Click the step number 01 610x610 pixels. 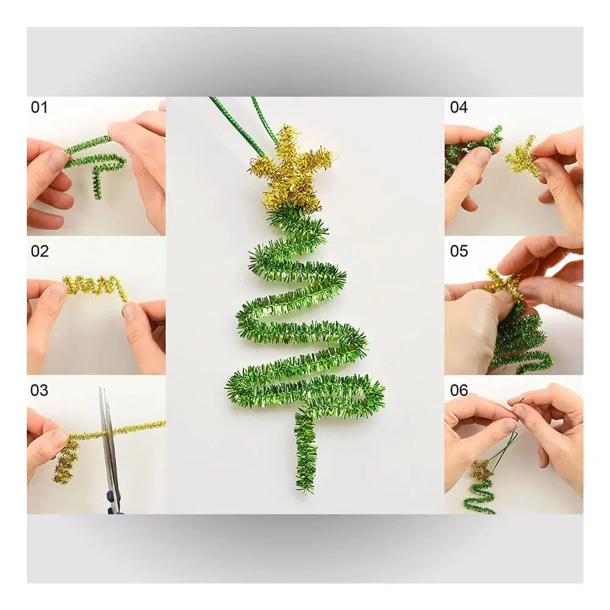click(39, 107)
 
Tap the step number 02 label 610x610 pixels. click(40, 251)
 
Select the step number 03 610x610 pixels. click(39, 390)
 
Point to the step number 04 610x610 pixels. click(459, 107)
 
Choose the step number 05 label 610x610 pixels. click(459, 251)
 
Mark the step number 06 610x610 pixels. click(459, 390)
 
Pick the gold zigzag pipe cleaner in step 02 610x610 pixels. click(96, 287)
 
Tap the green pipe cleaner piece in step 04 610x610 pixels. click(473, 147)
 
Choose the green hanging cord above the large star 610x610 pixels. click(249, 128)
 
